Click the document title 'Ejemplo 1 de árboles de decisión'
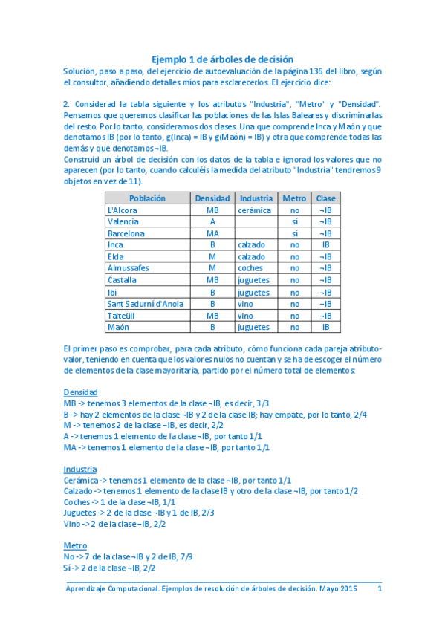[x=223, y=59]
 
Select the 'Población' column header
[x=147, y=198]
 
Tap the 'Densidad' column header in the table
[x=212, y=198]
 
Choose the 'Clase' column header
[x=325, y=198]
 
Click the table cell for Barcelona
[x=126, y=233]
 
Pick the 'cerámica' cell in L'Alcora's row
[x=254, y=210]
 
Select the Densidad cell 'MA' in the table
[x=212, y=233]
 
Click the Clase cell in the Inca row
[x=325, y=244]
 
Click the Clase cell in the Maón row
[x=325, y=327]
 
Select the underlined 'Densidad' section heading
[x=80, y=392]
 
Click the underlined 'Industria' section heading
[x=80, y=470]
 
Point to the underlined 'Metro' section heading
[x=75, y=545]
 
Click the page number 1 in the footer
[x=380, y=589]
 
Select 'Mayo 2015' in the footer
[x=338, y=589]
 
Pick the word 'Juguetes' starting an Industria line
[x=80, y=513]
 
